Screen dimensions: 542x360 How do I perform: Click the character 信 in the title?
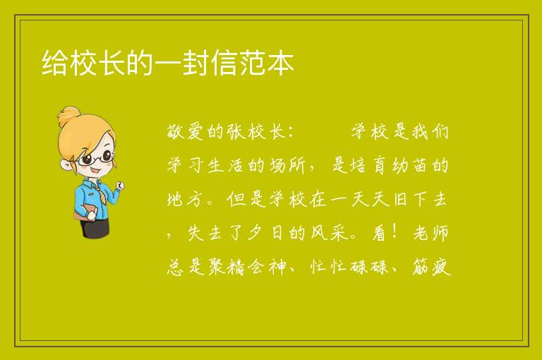(x=224, y=63)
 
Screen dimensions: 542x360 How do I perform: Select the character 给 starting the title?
(x=55, y=63)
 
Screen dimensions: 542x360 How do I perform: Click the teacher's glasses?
(x=96, y=157)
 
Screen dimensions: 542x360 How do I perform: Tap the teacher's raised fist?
(x=119, y=186)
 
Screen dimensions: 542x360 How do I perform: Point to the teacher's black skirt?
(x=95, y=227)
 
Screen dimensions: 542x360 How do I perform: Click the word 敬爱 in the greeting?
(x=186, y=131)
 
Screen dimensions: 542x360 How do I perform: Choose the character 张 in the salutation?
(x=236, y=131)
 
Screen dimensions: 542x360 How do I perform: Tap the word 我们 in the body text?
(x=429, y=131)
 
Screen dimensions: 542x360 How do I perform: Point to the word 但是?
(x=246, y=199)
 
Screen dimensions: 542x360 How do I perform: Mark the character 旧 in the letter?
(x=400, y=199)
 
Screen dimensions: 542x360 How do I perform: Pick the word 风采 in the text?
(x=328, y=233)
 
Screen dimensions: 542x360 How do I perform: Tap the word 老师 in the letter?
(x=430, y=233)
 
